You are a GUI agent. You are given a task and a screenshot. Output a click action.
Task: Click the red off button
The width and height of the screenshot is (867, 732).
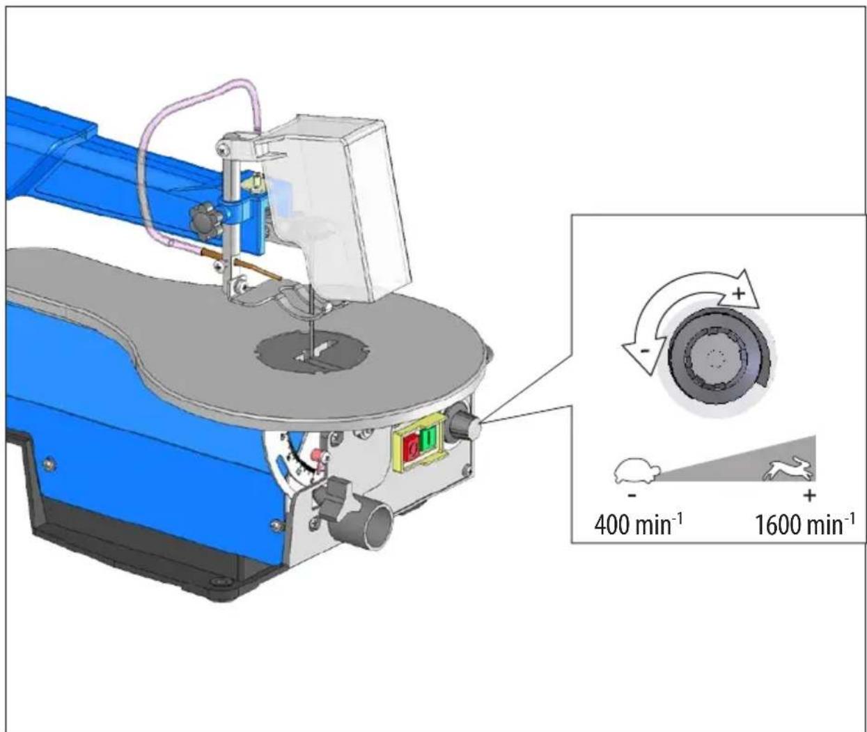pyautogui.click(x=411, y=448)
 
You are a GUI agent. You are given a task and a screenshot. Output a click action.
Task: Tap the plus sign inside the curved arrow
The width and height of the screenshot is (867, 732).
pyautogui.click(x=738, y=294)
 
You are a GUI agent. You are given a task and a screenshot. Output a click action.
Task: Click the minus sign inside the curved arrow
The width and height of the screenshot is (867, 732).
pyautogui.click(x=646, y=351)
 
